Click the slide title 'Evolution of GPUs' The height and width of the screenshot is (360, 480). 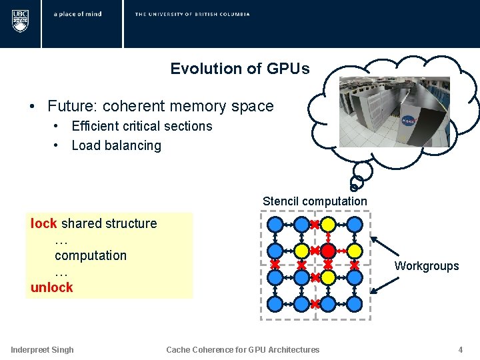(x=239, y=69)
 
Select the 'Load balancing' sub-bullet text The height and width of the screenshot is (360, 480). (x=116, y=145)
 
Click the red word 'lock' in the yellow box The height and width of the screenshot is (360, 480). (x=43, y=223)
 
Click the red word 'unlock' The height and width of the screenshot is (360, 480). (x=51, y=287)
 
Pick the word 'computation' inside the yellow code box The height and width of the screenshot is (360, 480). (x=90, y=255)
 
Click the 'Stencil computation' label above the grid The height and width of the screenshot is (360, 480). (x=315, y=201)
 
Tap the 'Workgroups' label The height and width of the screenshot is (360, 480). (x=427, y=266)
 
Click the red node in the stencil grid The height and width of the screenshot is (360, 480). (x=328, y=251)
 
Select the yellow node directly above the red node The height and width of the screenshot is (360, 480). (x=328, y=224)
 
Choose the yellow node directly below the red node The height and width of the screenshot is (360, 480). (x=328, y=277)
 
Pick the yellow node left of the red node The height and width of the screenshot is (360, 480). (x=301, y=251)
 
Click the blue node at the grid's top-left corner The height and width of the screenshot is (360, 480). (x=275, y=224)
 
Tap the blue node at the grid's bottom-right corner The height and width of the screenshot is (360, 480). (x=355, y=303)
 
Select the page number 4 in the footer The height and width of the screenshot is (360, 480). (x=460, y=349)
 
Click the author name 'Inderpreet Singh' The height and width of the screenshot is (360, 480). (x=42, y=349)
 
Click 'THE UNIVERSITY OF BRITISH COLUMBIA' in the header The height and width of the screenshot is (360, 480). (x=192, y=14)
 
